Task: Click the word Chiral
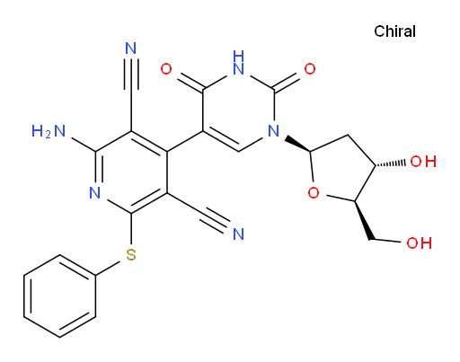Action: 394,31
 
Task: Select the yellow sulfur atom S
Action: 131,255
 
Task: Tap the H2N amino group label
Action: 49,131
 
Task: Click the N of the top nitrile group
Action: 131,49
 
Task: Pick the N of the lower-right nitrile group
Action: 238,234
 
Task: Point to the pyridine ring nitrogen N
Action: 95,192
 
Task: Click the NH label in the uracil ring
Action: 238,63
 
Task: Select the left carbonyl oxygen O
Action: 166,69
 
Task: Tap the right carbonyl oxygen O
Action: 310,69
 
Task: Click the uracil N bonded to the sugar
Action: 274,131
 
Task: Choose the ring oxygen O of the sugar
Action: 314,193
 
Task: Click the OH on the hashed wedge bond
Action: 423,162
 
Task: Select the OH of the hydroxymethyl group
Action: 419,243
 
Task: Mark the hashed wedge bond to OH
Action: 391,163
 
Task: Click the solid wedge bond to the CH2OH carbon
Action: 364,220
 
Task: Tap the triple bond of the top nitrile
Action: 131,75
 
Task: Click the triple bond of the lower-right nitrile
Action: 215,221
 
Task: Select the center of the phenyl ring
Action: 60,296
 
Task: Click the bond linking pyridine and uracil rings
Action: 185,141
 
